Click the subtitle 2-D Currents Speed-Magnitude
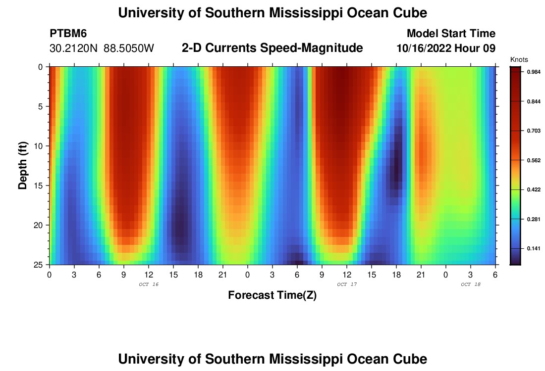(x=272, y=48)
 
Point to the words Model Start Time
(x=451, y=34)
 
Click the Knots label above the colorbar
(x=518, y=59)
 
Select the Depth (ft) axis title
(x=22, y=165)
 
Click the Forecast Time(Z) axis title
(x=272, y=295)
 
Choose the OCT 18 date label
(x=471, y=284)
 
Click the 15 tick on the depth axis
(x=39, y=185)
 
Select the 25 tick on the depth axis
(x=39, y=265)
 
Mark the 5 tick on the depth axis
(x=41, y=106)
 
